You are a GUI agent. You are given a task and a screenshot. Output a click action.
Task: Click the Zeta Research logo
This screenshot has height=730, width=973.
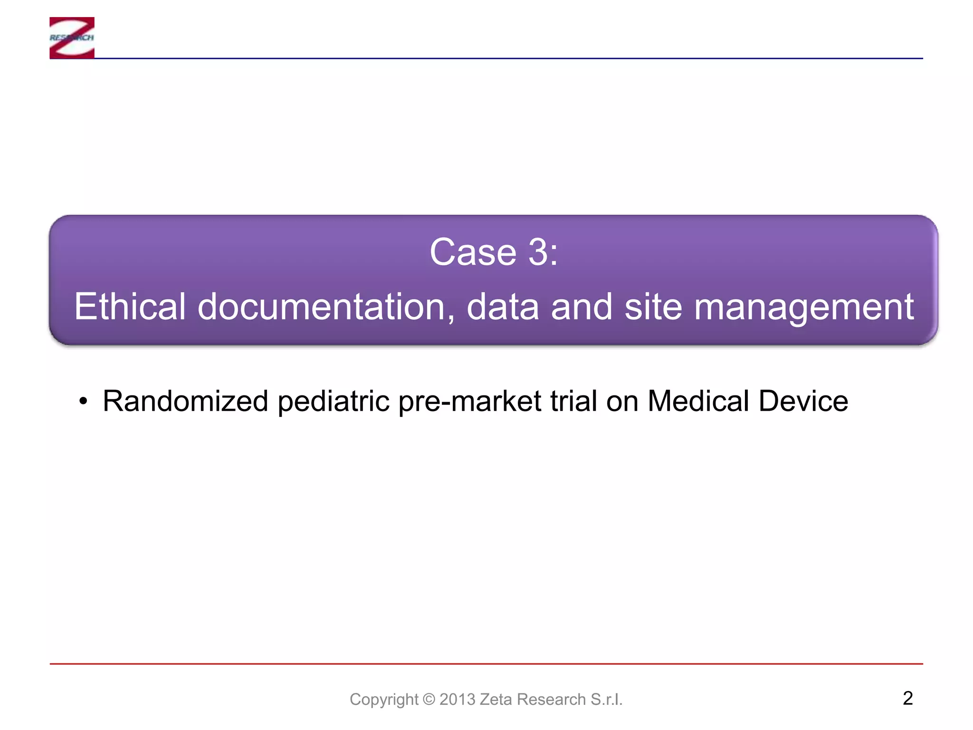pyautogui.click(x=72, y=38)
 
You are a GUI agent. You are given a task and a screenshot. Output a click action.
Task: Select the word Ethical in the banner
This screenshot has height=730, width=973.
pyautogui.click(x=130, y=307)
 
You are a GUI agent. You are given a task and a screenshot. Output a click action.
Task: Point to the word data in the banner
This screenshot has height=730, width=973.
pyautogui.click(x=503, y=307)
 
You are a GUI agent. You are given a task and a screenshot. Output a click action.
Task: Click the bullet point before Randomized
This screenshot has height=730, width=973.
pyautogui.click(x=84, y=402)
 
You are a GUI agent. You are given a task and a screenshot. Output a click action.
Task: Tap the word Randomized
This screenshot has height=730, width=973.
pyautogui.click(x=185, y=401)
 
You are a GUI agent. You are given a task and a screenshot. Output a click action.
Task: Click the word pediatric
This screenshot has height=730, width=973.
pyautogui.click(x=334, y=402)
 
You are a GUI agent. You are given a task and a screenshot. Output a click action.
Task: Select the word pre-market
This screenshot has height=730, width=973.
pyautogui.click(x=469, y=402)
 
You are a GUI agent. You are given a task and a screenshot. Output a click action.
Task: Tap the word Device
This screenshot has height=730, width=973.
pyautogui.click(x=803, y=401)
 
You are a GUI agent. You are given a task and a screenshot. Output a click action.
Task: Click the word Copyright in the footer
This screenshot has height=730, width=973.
pyautogui.click(x=384, y=700)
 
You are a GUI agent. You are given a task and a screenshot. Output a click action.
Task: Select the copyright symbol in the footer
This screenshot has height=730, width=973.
pyautogui.click(x=429, y=700)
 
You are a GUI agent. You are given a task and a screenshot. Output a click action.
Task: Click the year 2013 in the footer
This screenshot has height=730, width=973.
pyautogui.click(x=458, y=700)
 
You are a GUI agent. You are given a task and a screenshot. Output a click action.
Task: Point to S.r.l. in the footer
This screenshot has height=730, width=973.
pyautogui.click(x=606, y=700)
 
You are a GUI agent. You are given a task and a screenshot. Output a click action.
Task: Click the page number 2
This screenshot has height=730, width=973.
pyautogui.click(x=907, y=698)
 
